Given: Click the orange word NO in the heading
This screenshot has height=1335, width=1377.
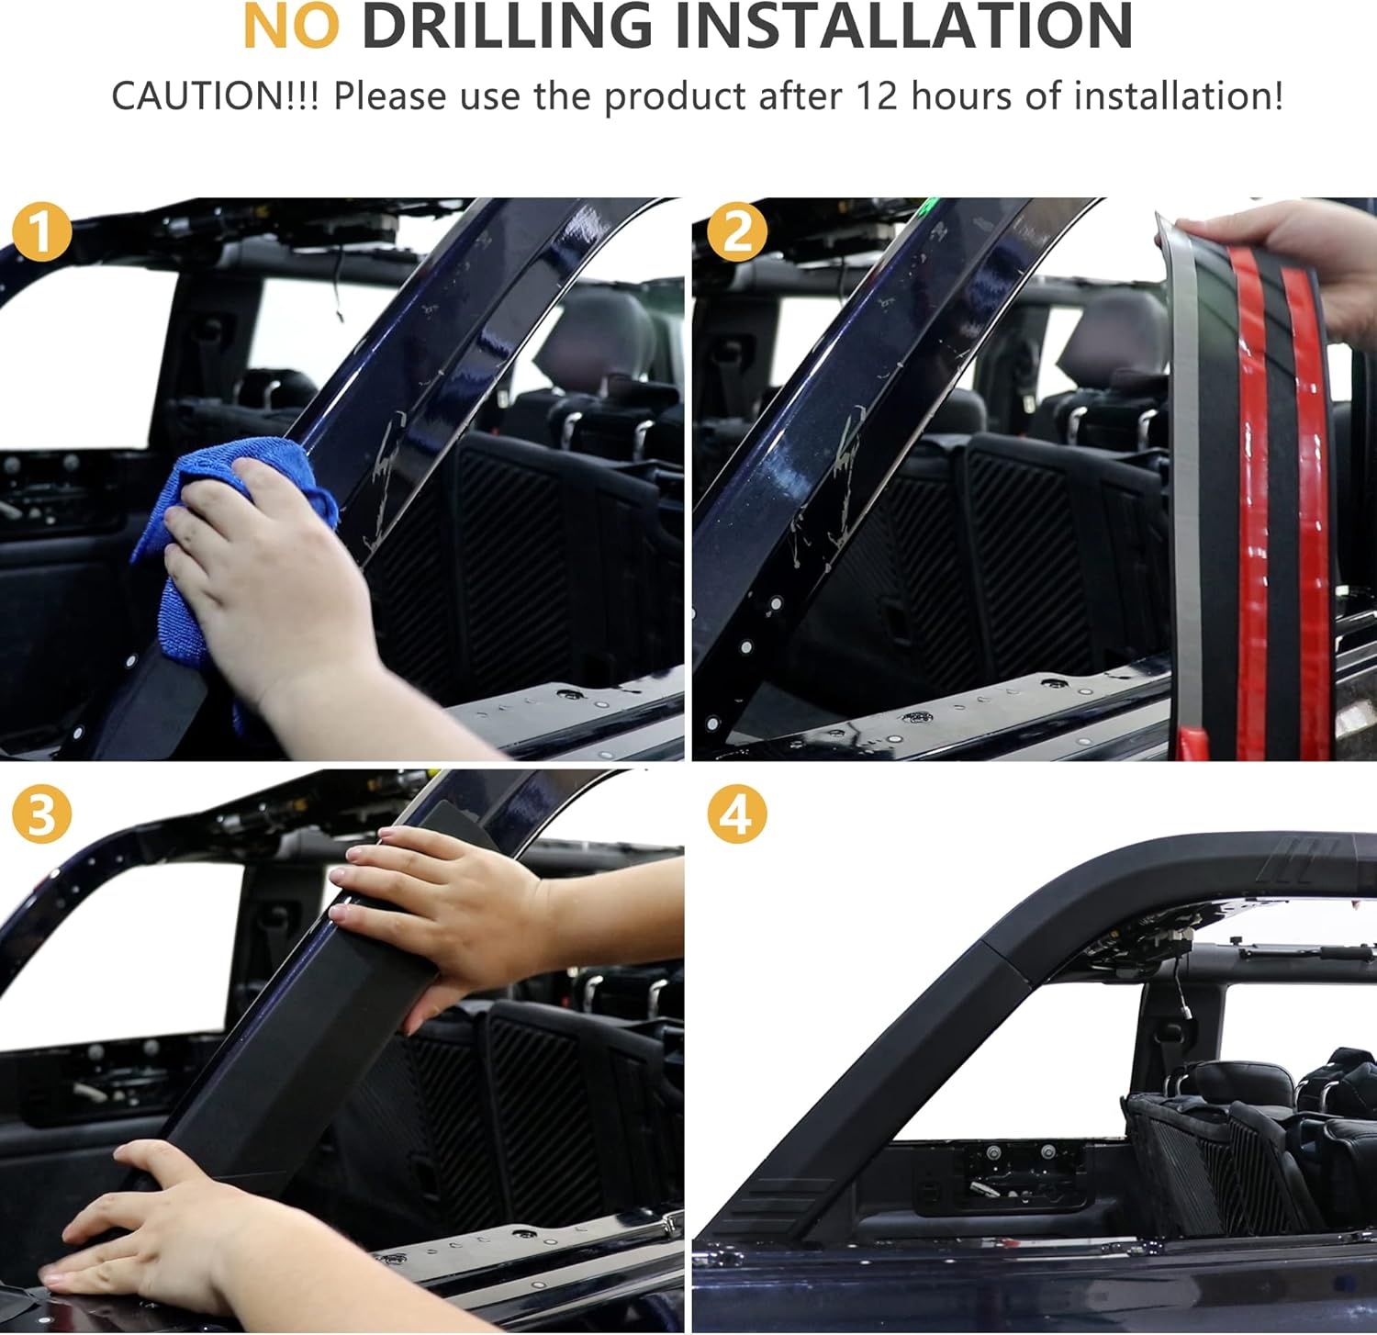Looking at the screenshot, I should [290, 27].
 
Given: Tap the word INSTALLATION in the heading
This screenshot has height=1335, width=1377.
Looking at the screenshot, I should [903, 27].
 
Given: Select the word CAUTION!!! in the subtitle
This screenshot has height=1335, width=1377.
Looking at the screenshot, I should [215, 96].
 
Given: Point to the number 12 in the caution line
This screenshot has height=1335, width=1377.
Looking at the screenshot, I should [876, 96].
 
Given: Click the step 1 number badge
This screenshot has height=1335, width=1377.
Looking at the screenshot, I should [41, 232].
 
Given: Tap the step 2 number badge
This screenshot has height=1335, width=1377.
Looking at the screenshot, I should [736, 232].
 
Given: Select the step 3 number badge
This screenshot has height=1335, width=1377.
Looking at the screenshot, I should [41, 813].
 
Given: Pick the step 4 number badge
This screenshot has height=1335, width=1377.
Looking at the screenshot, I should [736, 813].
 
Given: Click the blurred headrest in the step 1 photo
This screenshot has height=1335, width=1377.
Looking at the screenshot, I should [597, 331].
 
